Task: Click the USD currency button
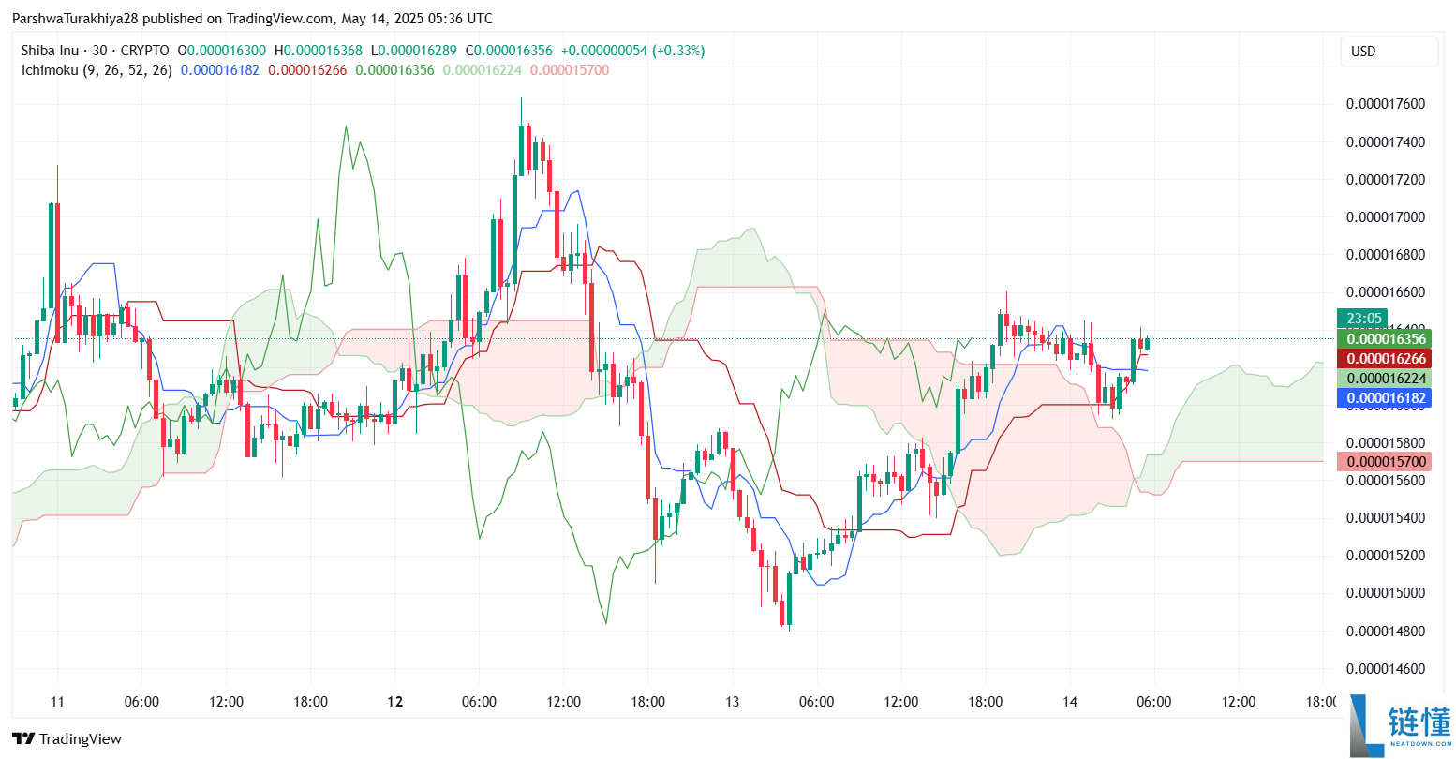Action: click(x=1389, y=52)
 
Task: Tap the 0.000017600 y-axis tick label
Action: click(x=1385, y=104)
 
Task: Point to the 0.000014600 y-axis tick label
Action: click(x=1385, y=669)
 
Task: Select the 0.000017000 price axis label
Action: click(x=1385, y=217)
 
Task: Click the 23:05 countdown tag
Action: click(x=1364, y=319)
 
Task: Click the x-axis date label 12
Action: click(x=395, y=702)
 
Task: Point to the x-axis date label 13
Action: click(x=732, y=702)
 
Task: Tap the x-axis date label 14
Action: click(x=1070, y=702)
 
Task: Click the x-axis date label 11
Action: click(x=57, y=702)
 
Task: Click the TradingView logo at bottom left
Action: click(x=67, y=739)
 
